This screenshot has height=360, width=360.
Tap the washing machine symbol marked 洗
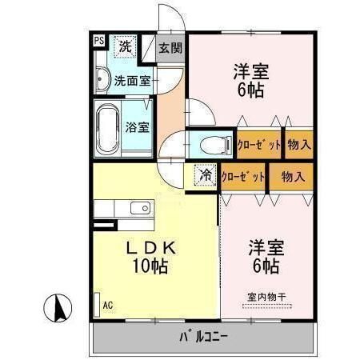(125, 46)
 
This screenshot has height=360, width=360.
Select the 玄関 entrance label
(170, 47)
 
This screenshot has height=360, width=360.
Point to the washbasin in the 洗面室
(102, 79)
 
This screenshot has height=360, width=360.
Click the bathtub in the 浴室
(106, 127)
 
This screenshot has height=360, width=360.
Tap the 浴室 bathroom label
(137, 126)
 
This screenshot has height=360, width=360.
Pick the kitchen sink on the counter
(140, 208)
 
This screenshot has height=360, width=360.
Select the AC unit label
(107, 304)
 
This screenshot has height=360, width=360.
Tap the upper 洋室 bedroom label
(250, 70)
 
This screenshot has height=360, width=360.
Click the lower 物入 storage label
(292, 176)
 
